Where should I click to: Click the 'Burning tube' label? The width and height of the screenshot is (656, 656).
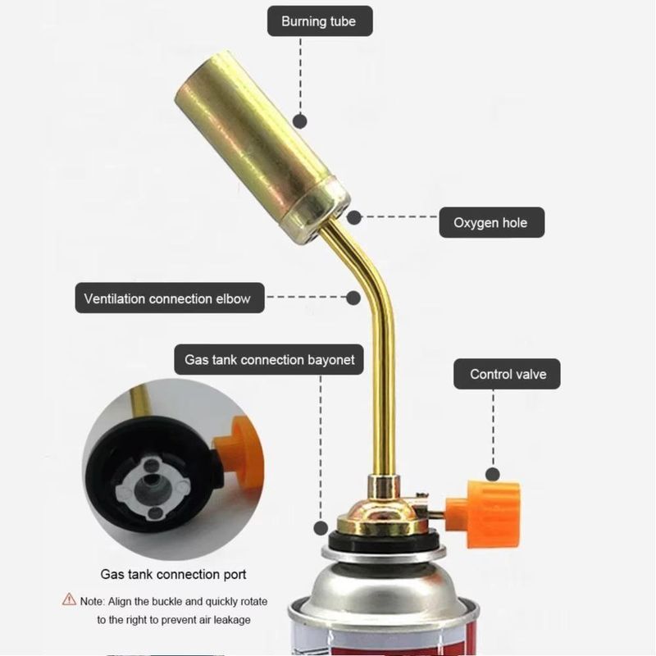[320, 21]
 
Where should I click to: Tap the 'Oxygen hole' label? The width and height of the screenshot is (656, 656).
[491, 222]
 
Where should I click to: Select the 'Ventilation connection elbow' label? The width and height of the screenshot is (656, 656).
[170, 298]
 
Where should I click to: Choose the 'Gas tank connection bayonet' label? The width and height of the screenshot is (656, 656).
[269, 360]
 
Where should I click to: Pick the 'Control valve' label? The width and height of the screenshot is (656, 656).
[507, 374]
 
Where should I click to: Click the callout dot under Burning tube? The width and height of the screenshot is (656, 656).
[300, 121]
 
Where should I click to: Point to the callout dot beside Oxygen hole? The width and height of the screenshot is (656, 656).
[354, 217]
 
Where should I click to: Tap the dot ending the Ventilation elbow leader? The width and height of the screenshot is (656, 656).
[353, 298]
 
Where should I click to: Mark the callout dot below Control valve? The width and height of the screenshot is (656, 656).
[493, 475]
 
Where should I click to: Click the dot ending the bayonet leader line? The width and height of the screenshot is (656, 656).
[321, 528]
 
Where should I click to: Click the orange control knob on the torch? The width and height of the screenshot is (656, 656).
[485, 514]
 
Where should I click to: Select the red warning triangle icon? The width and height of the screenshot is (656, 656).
[69, 599]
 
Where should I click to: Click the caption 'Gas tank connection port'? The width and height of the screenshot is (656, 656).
[173, 574]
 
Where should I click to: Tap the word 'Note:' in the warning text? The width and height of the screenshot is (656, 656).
[92, 601]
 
